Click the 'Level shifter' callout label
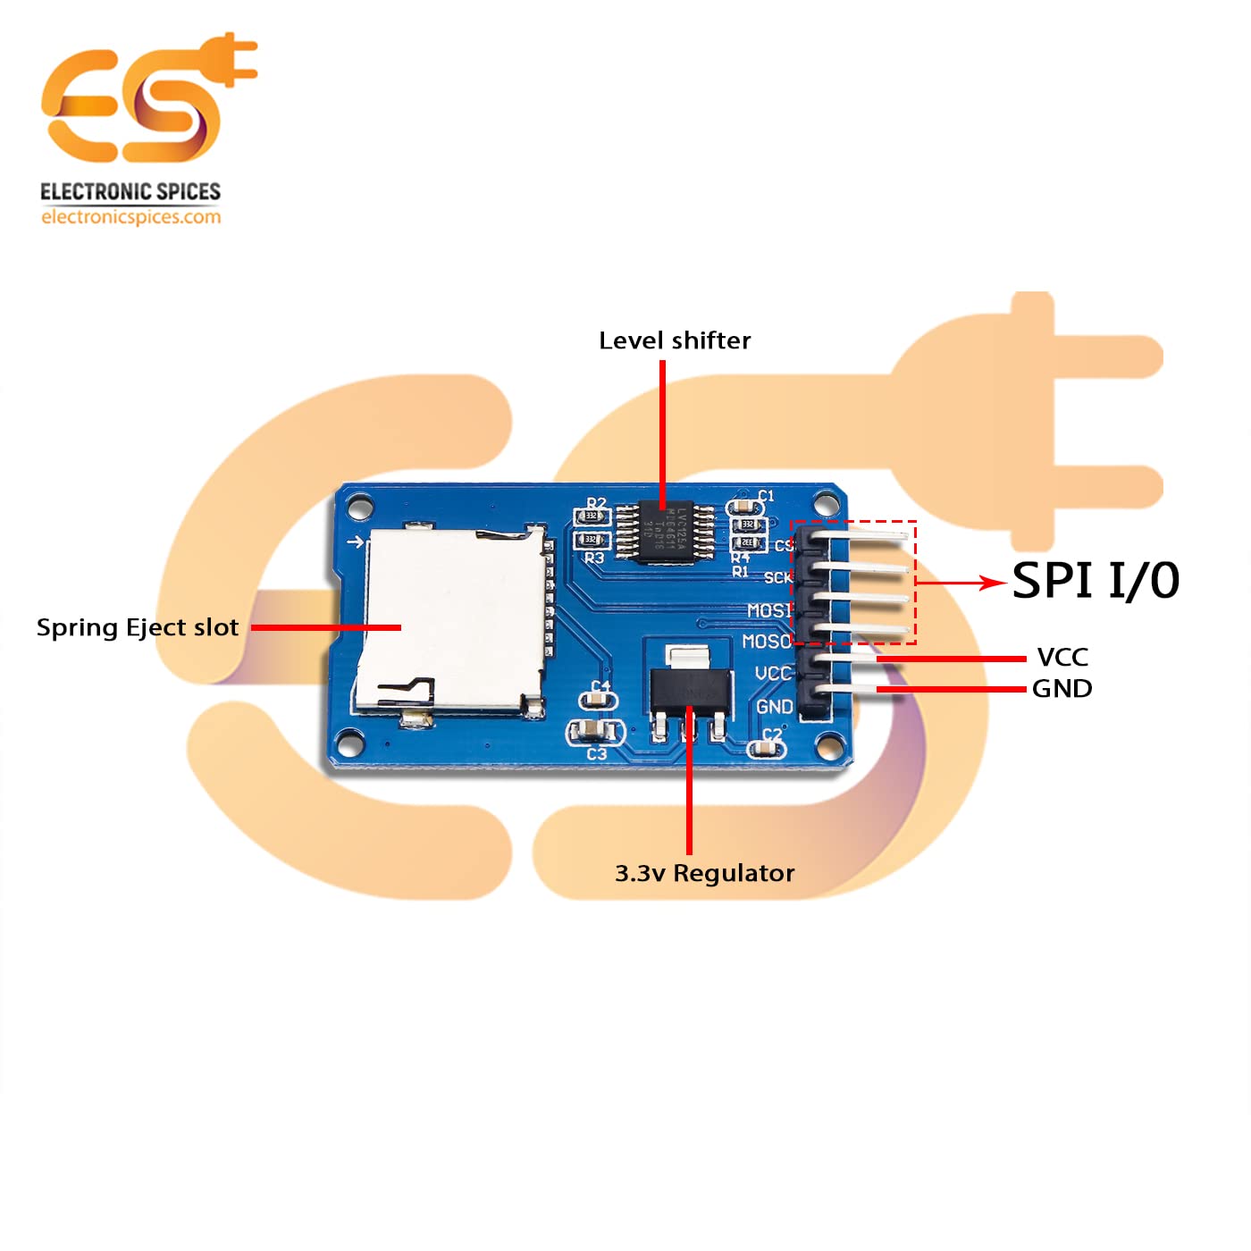(675, 340)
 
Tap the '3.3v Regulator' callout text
(704, 873)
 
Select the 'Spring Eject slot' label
(138, 627)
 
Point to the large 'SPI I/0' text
(1096, 581)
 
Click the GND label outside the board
(1062, 689)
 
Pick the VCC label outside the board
(1062, 658)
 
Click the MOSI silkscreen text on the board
(768, 610)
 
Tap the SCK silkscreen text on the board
(777, 578)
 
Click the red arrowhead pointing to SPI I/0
(992, 583)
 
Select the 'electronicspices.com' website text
(130, 217)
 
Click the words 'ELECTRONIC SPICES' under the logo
(130, 192)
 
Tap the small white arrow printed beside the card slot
(356, 542)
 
